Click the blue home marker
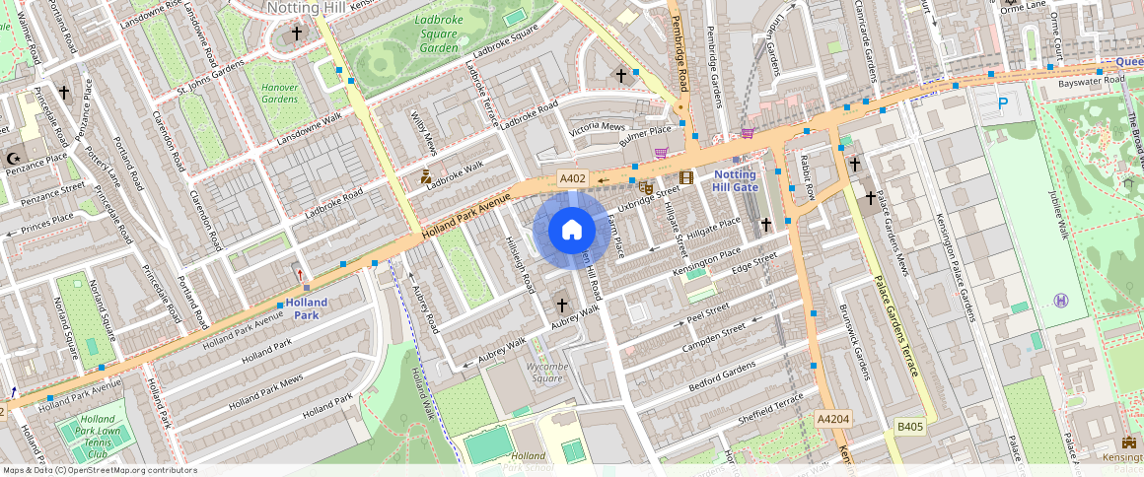pyautogui.click(x=571, y=231)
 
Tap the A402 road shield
pyautogui.click(x=572, y=178)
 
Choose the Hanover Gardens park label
pyautogui.click(x=279, y=93)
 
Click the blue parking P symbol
pyautogui.click(x=1003, y=102)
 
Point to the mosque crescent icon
pyautogui.click(x=14, y=158)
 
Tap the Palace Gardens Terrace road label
pyautogui.click(x=896, y=325)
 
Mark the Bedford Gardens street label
pyautogui.click(x=723, y=375)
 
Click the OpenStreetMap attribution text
pyautogui.click(x=100, y=470)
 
